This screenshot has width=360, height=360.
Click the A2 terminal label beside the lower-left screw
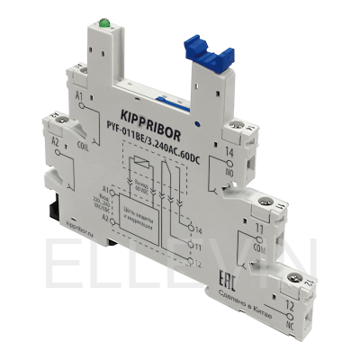tap(55, 143)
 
